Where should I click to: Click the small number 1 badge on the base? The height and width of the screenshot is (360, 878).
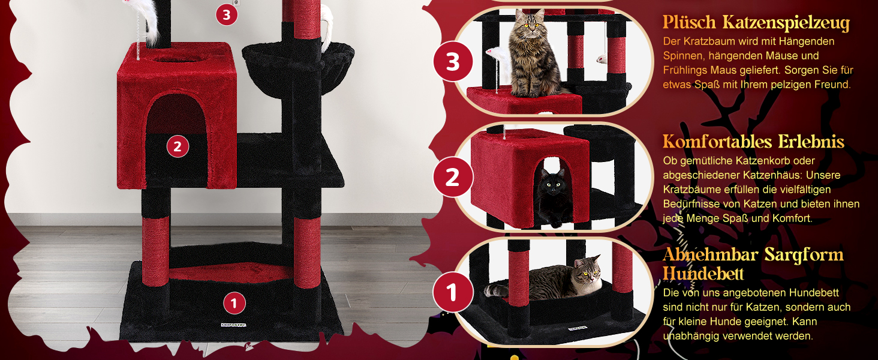(234, 303)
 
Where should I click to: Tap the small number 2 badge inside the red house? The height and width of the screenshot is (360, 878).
(178, 146)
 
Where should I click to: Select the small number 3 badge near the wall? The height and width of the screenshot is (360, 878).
(227, 15)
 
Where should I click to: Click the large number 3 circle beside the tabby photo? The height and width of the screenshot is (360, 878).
(453, 62)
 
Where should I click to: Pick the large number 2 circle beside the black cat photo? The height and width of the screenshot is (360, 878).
(453, 177)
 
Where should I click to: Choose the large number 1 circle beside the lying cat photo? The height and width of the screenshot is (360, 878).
(453, 293)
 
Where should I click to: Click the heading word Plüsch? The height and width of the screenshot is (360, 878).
(689, 22)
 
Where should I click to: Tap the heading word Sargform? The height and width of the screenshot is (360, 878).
(804, 255)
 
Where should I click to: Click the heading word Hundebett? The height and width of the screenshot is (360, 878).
(703, 274)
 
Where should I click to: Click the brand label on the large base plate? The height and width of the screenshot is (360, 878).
(234, 325)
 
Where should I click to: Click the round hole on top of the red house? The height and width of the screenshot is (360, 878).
(176, 59)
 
